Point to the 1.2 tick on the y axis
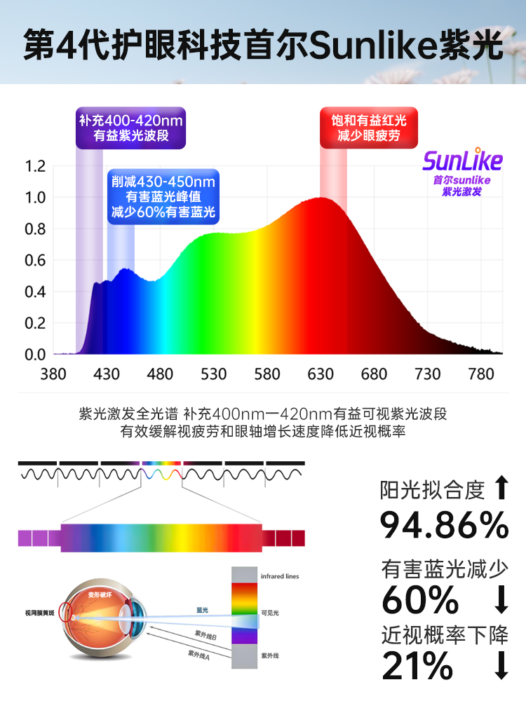coord(35,167)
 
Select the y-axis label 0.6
coord(35,261)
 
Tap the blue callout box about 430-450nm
coord(162,197)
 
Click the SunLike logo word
coord(462,161)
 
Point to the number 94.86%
coord(444,524)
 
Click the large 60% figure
coord(420,599)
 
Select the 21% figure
coord(417,665)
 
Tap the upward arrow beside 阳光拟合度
coord(501,488)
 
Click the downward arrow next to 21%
coord(501,665)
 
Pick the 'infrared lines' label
coord(279,576)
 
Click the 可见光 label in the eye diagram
coord(269,613)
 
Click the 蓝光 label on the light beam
coord(203,610)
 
